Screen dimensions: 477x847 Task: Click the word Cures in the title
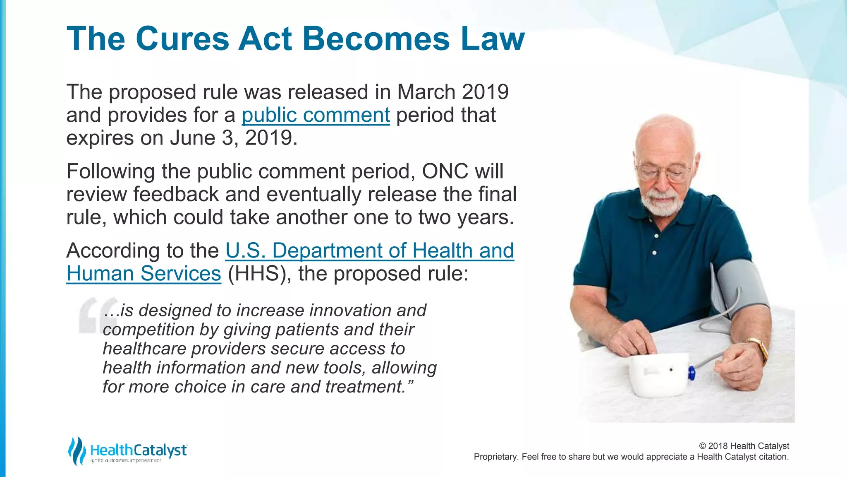[182, 39]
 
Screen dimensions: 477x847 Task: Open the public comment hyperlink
[316, 115]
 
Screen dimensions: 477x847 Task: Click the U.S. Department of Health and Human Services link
[369, 251]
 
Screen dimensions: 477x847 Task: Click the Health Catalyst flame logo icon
[76, 450]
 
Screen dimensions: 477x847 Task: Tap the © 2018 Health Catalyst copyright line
[744, 446]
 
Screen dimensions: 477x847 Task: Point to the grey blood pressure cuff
[740, 286]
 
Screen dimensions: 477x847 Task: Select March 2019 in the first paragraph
[452, 92]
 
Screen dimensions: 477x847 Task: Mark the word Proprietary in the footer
[495, 457]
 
